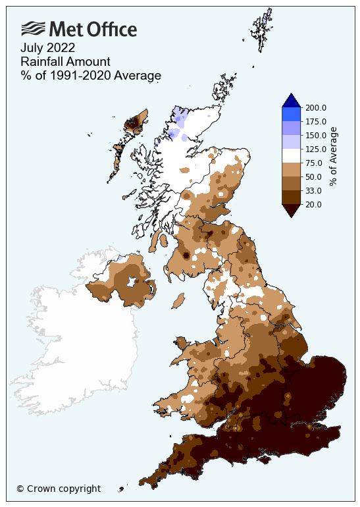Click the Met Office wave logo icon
[x=34, y=28]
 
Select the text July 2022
[x=47, y=47]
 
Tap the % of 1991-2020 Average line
[x=91, y=76]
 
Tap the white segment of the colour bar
[x=291, y=156]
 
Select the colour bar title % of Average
[x=334, y=157]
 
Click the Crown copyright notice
[x=59, y=489]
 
